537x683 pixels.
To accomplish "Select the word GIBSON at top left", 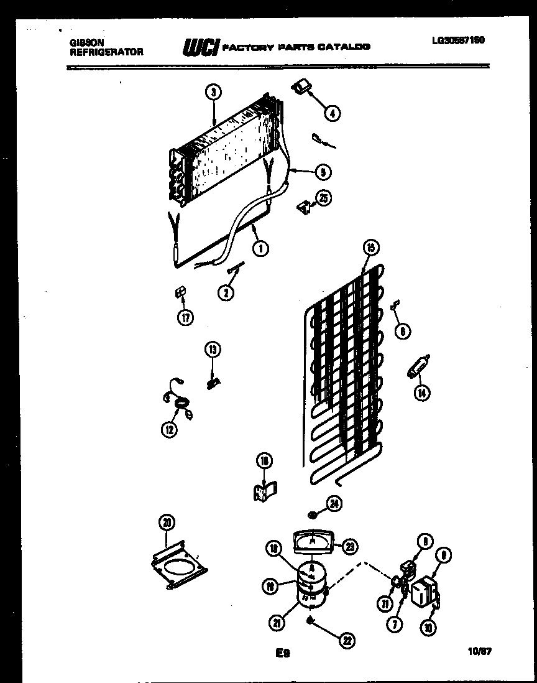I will click(x=83, y=42).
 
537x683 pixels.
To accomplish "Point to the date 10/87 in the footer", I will click(x=477, y=651).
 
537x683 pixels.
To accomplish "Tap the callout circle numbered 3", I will click(x=213, y=92).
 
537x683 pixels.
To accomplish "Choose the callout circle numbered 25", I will click(x=323, y=198).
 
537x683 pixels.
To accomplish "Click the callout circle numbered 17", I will click(x=185, y=317).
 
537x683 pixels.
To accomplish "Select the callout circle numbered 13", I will click(x=213, y=350).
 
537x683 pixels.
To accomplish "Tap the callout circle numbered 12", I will click(x=169, y=429).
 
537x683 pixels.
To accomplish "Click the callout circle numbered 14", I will click(x=423, y=393).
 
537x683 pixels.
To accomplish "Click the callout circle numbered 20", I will click(x=166, y=523).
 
